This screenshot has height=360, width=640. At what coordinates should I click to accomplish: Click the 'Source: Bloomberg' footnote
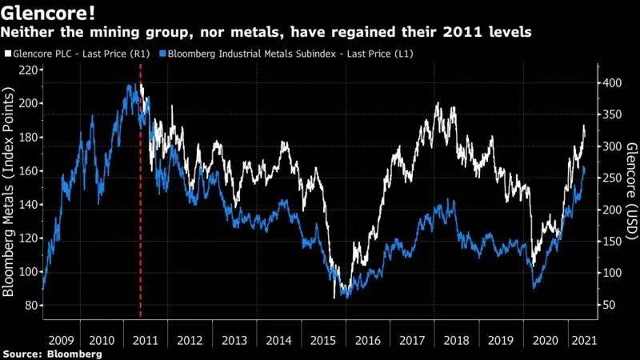tap(52, 353)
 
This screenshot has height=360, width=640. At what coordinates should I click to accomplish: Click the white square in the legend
tap(7, 54)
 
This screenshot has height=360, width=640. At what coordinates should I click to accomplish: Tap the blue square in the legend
tap(163, 54)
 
